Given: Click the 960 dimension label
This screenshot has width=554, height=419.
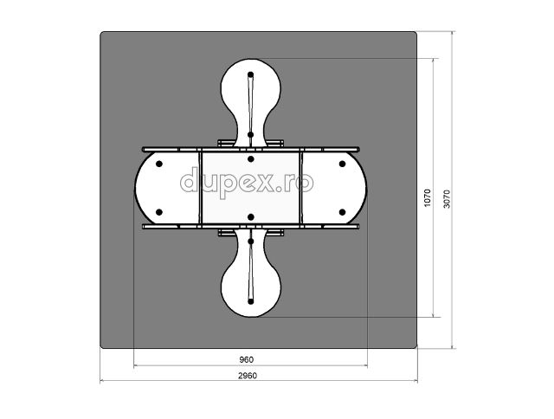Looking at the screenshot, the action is coord(246,359).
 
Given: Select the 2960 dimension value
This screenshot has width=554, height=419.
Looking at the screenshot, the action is coord(248,376).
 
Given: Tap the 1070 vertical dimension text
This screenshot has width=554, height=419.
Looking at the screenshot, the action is coord(428,198).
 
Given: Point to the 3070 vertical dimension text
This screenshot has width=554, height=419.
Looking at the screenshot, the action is coord(447,199).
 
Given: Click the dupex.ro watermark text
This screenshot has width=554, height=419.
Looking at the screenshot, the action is coord(247,183).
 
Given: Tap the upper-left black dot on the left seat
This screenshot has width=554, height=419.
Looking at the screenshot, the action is coord(159,164).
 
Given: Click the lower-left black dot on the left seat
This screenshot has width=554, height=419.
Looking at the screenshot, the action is coord(159,212).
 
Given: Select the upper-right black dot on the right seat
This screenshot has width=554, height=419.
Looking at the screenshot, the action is coord(342,164).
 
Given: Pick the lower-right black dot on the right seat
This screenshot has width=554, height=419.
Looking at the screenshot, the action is coord(342,212).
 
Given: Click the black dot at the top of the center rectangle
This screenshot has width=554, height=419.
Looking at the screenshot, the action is coord(251,159).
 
